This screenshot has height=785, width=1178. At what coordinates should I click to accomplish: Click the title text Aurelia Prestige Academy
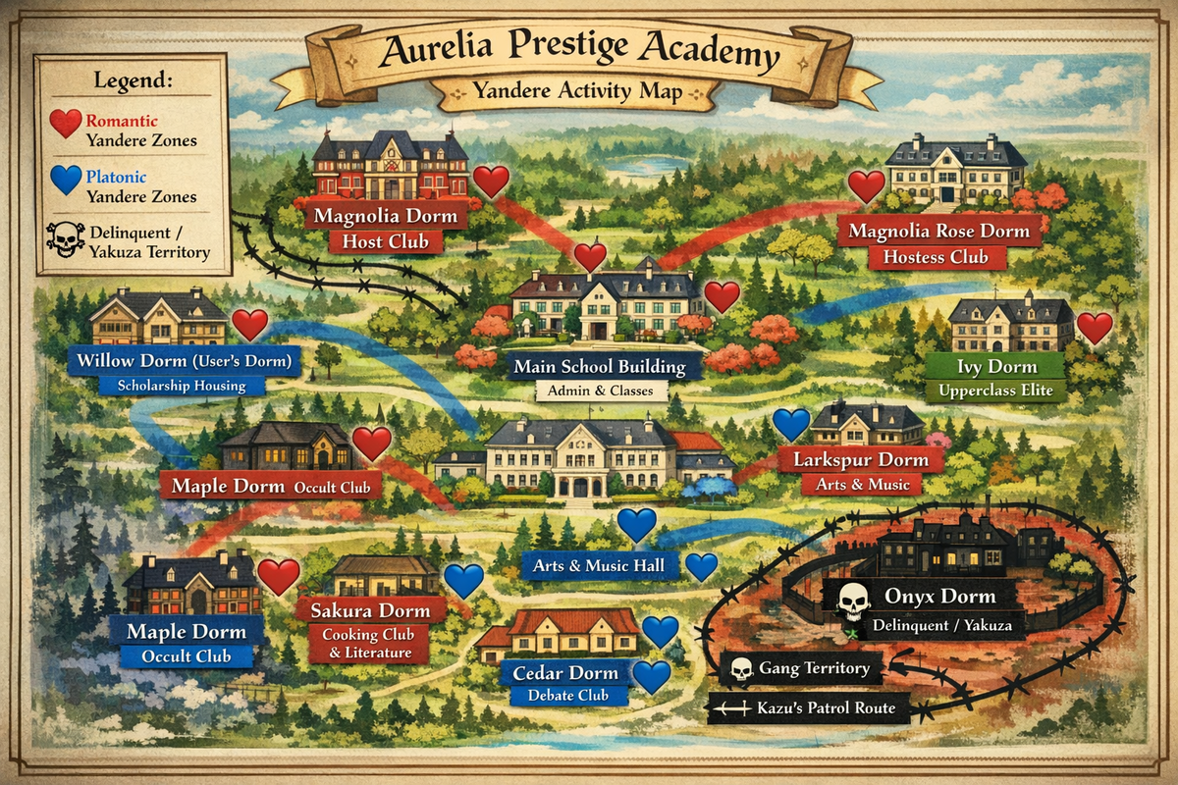[x=579, y=49]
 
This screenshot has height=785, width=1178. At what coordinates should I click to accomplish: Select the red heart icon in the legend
[x=66, y=123]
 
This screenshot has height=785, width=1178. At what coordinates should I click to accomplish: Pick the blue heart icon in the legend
[x=66, y=180]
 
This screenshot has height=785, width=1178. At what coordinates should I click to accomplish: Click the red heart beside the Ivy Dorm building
[x=1095, y=327]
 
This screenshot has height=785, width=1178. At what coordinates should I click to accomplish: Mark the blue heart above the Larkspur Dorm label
[x=790, y=424]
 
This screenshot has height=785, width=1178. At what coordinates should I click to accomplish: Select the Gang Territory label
[x=800, y=669]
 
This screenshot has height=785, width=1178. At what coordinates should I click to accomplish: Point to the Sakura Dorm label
[x=370, y=610]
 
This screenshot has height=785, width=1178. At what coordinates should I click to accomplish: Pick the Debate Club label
[x=563, y=696]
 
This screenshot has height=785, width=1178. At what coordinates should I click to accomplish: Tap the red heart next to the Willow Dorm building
[x=249, y=325]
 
